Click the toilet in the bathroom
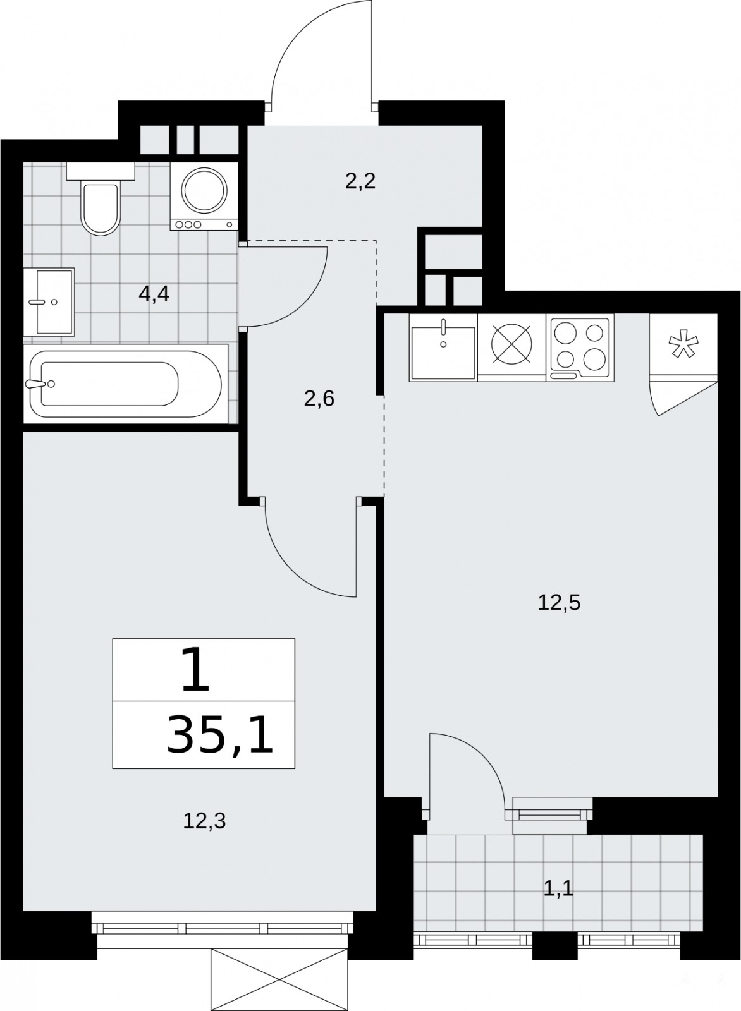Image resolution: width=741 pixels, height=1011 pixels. (x=101, y=198)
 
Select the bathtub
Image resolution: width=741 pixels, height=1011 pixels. (x=126, y=384)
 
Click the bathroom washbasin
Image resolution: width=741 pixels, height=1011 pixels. (x=49, y=302)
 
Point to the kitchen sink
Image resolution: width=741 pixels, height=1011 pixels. (x=443, y=348)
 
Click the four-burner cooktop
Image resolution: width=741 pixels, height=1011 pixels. (x=580, y=348)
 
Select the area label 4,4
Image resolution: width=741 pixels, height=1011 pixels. (x=154, y=294)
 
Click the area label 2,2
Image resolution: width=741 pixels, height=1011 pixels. (x=360, y=182)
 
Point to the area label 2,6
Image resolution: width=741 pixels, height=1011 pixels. (x=319, y=399)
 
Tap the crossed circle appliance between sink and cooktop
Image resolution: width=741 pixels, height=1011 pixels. (x=511, y=344)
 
